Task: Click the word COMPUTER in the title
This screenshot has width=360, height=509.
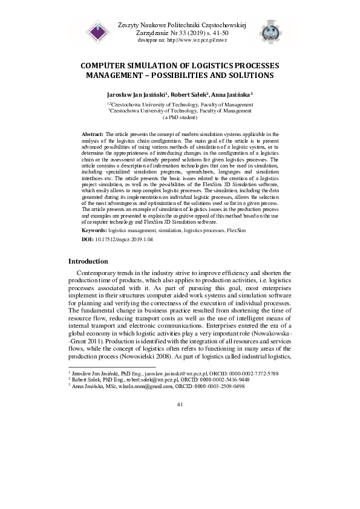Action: tap(108, 65)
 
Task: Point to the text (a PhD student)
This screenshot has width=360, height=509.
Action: tap(180, 118)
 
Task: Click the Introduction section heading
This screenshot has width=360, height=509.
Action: tap(88, 262)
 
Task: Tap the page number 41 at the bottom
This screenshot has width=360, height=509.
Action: tap(180, 421)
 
